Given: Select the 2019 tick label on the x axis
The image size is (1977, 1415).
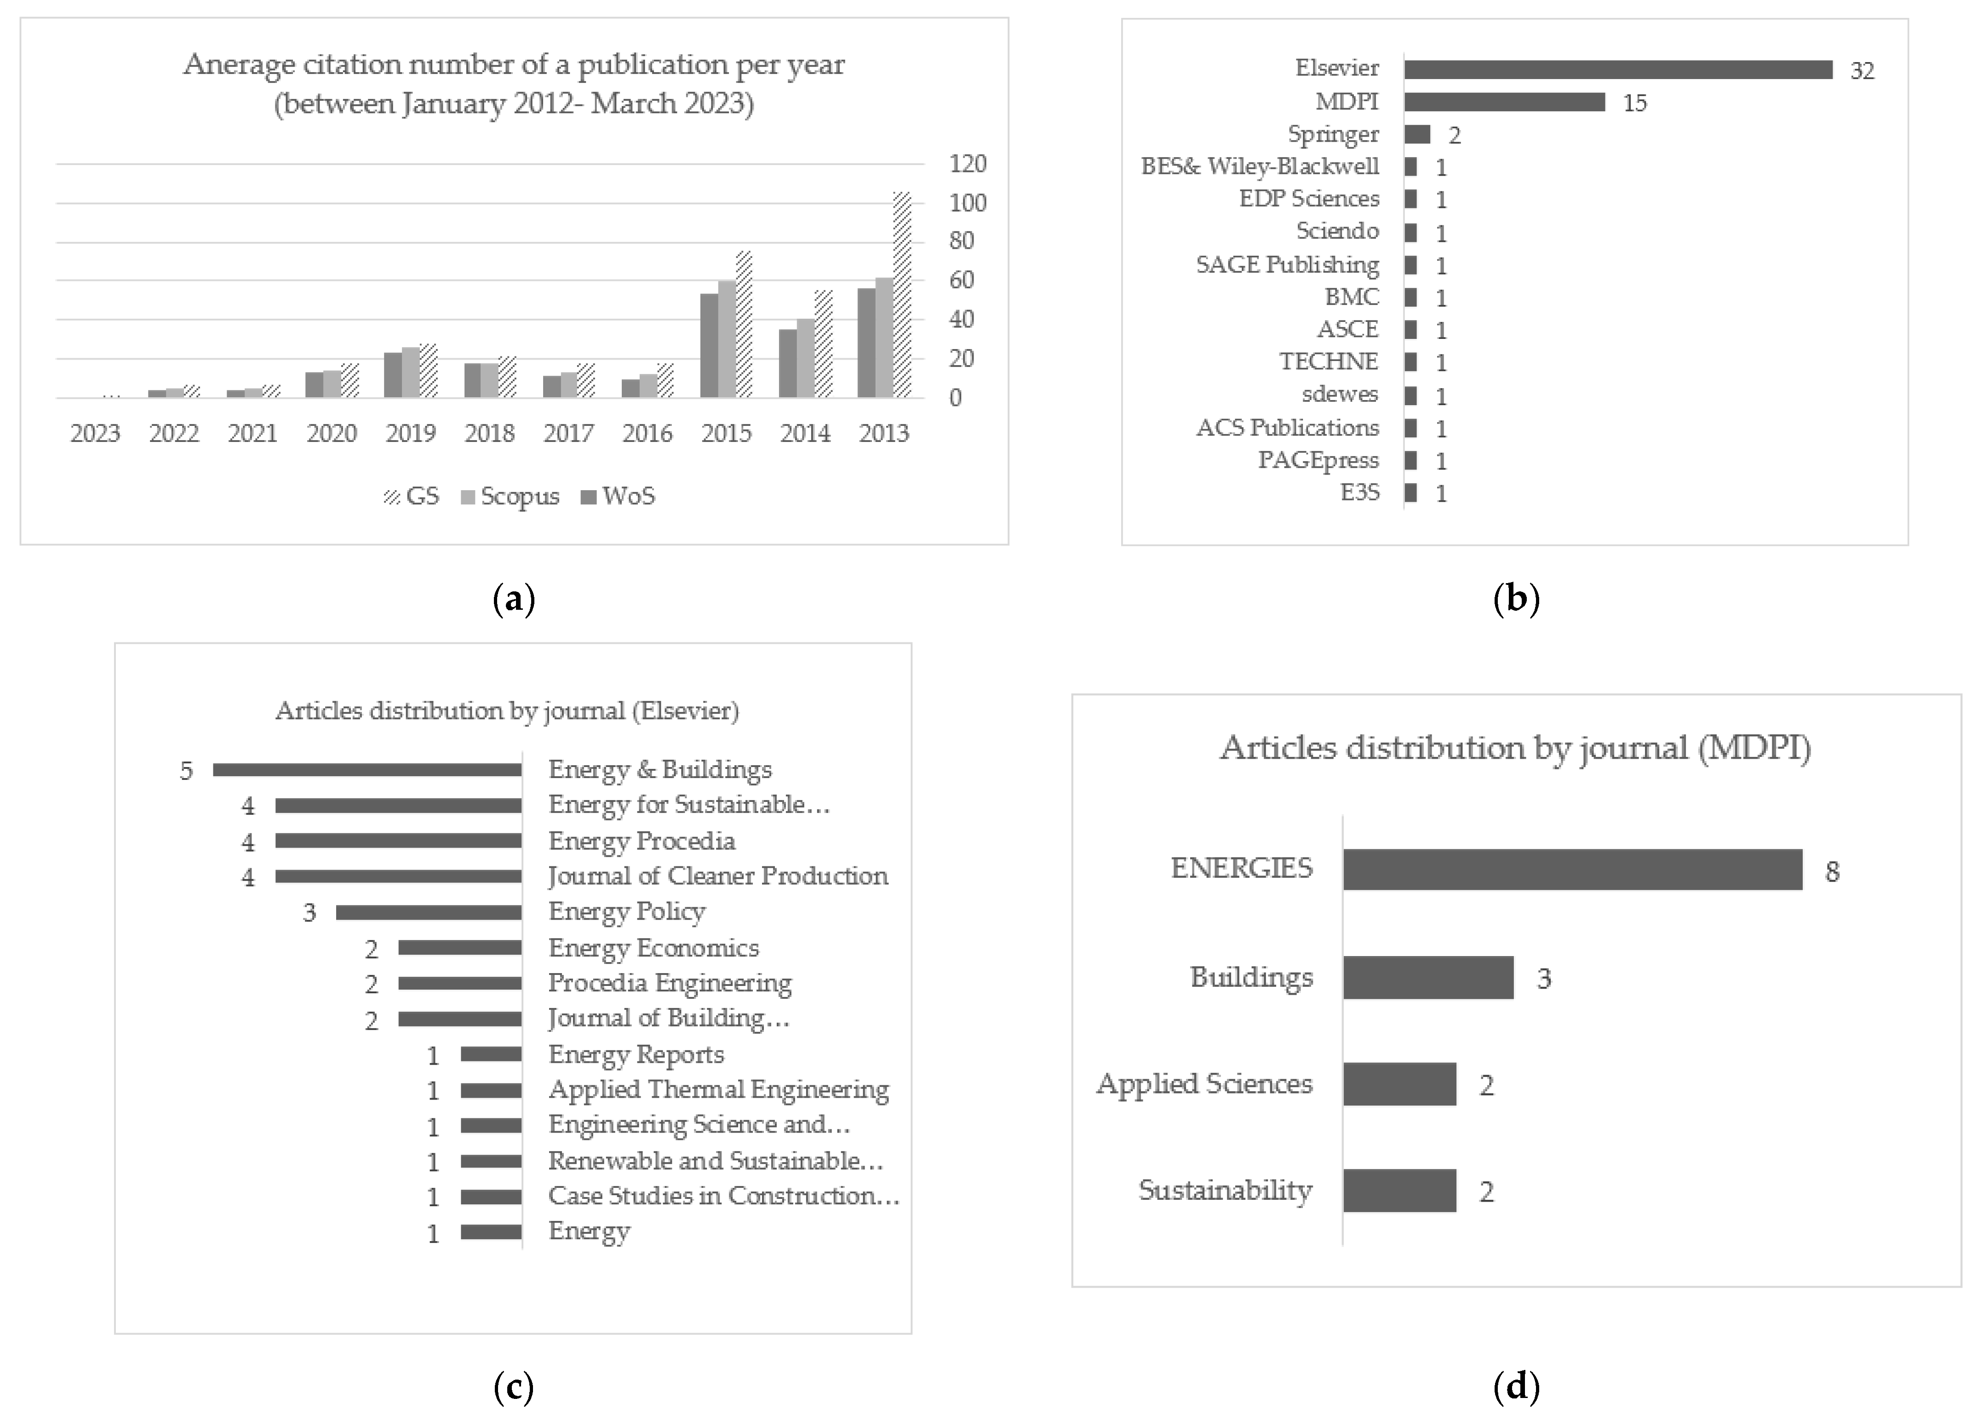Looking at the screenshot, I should [x=410, y=433].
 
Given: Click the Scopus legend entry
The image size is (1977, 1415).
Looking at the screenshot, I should [x=510, y=497].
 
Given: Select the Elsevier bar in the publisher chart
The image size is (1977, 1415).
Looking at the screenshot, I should [x=1617, y=70].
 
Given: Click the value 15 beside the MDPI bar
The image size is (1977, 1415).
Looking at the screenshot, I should [x=1634, y=103].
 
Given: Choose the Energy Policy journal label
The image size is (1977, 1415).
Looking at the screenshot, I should [x=626, y=911].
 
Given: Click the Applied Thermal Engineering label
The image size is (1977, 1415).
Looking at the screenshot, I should [x=718, y=1090].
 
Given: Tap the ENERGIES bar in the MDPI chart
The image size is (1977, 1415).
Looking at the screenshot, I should [x=1572, y=870].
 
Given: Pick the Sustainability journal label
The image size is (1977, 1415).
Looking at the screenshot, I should [x=1225, y=1190].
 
